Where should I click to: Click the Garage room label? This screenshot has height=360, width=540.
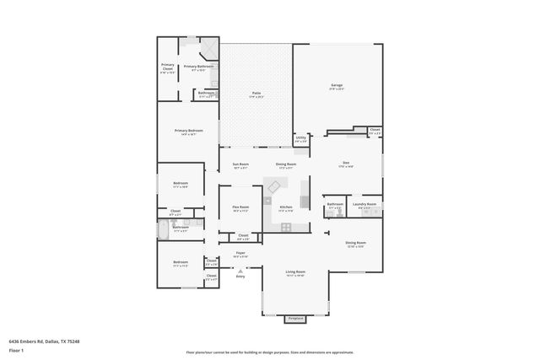click(x=336, y=86)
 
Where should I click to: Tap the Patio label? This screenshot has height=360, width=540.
click(x=256, y=94)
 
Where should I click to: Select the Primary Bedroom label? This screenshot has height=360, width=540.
click(x=189, y=131)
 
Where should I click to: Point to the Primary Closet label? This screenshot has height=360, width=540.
click(x=168, y=67)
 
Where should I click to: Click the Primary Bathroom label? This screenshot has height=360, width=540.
click(x=199, y=67)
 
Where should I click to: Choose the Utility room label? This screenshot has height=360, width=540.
click(x=300, y=137)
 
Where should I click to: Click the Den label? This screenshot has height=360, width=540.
click(x=346, y=164)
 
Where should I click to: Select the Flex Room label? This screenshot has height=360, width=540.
click(x=240, y=207)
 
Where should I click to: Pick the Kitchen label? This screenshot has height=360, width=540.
click(x=286, y=207)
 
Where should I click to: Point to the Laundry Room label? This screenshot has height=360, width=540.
click(x=364, y=204)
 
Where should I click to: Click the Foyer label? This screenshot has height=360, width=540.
click(x=240, y=253)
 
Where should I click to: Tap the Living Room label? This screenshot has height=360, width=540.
click(x=294, y=272)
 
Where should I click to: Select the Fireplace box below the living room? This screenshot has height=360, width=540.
click(x=294, y=319)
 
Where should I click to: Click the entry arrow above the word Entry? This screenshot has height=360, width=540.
click(x=240, y=269)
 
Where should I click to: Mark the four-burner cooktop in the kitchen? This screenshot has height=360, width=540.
click(x=286, y=226)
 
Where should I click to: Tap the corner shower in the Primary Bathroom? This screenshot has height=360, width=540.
click(x=194, y=43)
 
